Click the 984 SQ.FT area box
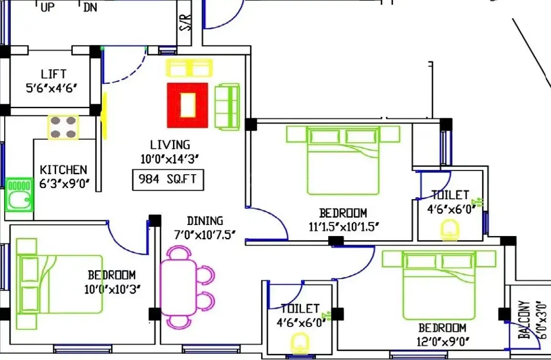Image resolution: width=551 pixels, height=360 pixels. click(x=168, y=180)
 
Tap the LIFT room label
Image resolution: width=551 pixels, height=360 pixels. click(x=53, y=74)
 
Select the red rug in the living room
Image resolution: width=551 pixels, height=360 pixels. click(x=188, y=105)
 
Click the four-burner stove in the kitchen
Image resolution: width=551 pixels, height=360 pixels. click(x=63, y=127)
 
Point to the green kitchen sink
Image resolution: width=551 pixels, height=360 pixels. click(x=19, y=194)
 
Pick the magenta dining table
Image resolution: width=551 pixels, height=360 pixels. click(x=178, y=287)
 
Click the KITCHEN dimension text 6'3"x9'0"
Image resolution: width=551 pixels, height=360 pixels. click(x=64, y=183)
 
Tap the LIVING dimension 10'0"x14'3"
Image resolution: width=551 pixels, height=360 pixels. click(x=170, y=159)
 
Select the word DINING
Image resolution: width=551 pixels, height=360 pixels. click(x=205, y=221)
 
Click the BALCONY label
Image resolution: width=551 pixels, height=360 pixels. click(x=524, y=320)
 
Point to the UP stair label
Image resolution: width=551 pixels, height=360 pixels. click(x=48, y=7)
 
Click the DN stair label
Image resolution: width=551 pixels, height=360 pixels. click(x=90, y=7)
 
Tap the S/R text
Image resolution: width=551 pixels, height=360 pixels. click(x=185, y=22)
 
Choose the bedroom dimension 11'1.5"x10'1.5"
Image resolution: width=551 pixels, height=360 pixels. click(x=344, y=227)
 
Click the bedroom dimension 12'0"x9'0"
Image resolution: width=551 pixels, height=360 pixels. click(x=443, y=341)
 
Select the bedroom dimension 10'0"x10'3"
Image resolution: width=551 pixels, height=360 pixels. click(x=113, y=289)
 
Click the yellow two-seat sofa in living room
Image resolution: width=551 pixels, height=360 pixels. click(x=189, y=68)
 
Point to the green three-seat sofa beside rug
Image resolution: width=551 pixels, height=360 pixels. click(x=228, y=107)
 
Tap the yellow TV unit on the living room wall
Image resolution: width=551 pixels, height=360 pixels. click(x=104, y=116)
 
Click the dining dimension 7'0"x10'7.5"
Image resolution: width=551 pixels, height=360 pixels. click(x=205, y=235)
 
